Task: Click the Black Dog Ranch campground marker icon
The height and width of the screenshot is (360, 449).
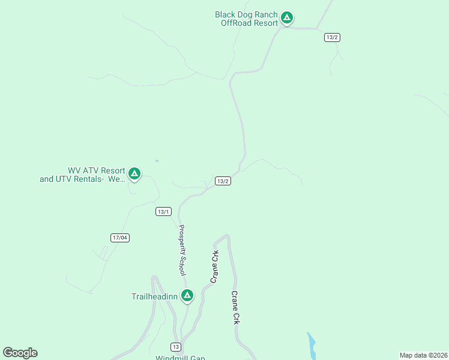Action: (x=287, y=18)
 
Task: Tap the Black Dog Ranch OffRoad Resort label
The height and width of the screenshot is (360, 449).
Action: (x=247, y=19)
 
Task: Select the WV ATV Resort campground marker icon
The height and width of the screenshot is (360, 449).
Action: (x=134, y=174)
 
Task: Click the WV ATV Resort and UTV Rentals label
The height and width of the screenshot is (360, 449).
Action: (x=82, y=175)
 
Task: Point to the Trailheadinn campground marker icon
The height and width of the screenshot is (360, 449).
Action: (x=187, y=295)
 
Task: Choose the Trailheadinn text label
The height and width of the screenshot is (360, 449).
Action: (x=155, y=296)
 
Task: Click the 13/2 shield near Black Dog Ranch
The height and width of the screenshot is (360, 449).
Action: (x=333, y=37)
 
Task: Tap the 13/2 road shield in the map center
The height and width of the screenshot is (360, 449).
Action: (x=223, y=181)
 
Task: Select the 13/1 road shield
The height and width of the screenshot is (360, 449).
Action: (x=164, y=211)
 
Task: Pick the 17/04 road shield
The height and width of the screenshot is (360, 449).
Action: (x=120, y=238)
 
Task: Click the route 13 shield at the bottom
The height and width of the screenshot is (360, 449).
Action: (x=175, y=347)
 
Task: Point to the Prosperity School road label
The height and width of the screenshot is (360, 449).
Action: (x=182, y=250)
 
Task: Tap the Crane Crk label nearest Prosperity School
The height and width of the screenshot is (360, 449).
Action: (x=214, y=267)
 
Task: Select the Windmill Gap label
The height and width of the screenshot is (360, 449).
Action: (x=180, y=358)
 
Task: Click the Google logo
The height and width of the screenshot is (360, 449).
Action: (x=20, y=353)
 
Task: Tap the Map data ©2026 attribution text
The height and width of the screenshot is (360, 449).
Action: (x=423, y=355)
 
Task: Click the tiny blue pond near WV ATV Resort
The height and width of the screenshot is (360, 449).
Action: (x=157, y=161)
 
